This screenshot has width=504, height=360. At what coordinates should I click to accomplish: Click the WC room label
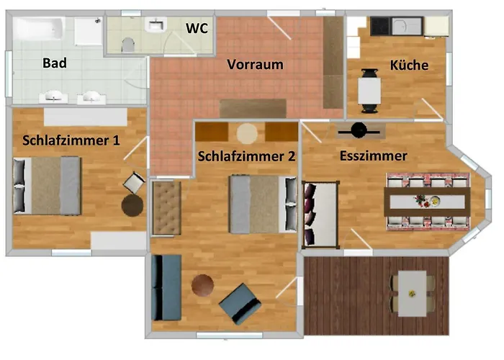[197, 28]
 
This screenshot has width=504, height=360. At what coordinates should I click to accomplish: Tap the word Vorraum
[255, 65]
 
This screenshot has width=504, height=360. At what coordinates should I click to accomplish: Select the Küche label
[409, 66]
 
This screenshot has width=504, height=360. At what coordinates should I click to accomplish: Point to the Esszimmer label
[374, 156]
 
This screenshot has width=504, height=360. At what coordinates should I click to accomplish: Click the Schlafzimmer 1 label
[71, 140]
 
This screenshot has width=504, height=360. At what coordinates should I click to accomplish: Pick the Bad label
[55, 63]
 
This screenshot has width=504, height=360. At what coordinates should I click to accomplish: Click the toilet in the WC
[128, 45]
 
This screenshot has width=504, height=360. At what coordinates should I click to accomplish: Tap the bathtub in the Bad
[39, 29]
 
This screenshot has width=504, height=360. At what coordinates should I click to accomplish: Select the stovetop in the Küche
[381, 26]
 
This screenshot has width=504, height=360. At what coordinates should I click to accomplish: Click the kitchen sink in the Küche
[406, 26]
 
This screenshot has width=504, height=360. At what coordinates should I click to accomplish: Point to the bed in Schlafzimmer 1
[47, 186]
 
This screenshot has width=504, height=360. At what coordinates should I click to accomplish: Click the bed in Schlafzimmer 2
[264, 204]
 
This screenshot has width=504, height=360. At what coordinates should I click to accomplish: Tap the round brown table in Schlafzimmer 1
[132, 206]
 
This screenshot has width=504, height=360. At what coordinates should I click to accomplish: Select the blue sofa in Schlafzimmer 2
[166, 288]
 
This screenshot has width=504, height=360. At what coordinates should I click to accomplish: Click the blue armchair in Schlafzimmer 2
[240, 303]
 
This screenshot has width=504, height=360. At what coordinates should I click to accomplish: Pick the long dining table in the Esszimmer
[427, 202]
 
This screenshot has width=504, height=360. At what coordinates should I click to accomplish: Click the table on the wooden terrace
[412, 294]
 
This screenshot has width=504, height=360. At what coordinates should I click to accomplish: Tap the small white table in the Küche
[369, 91]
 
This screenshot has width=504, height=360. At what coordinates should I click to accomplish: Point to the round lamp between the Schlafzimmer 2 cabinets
[247, 133]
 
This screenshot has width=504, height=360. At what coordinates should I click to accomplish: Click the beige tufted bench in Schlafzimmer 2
[166, 208]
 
